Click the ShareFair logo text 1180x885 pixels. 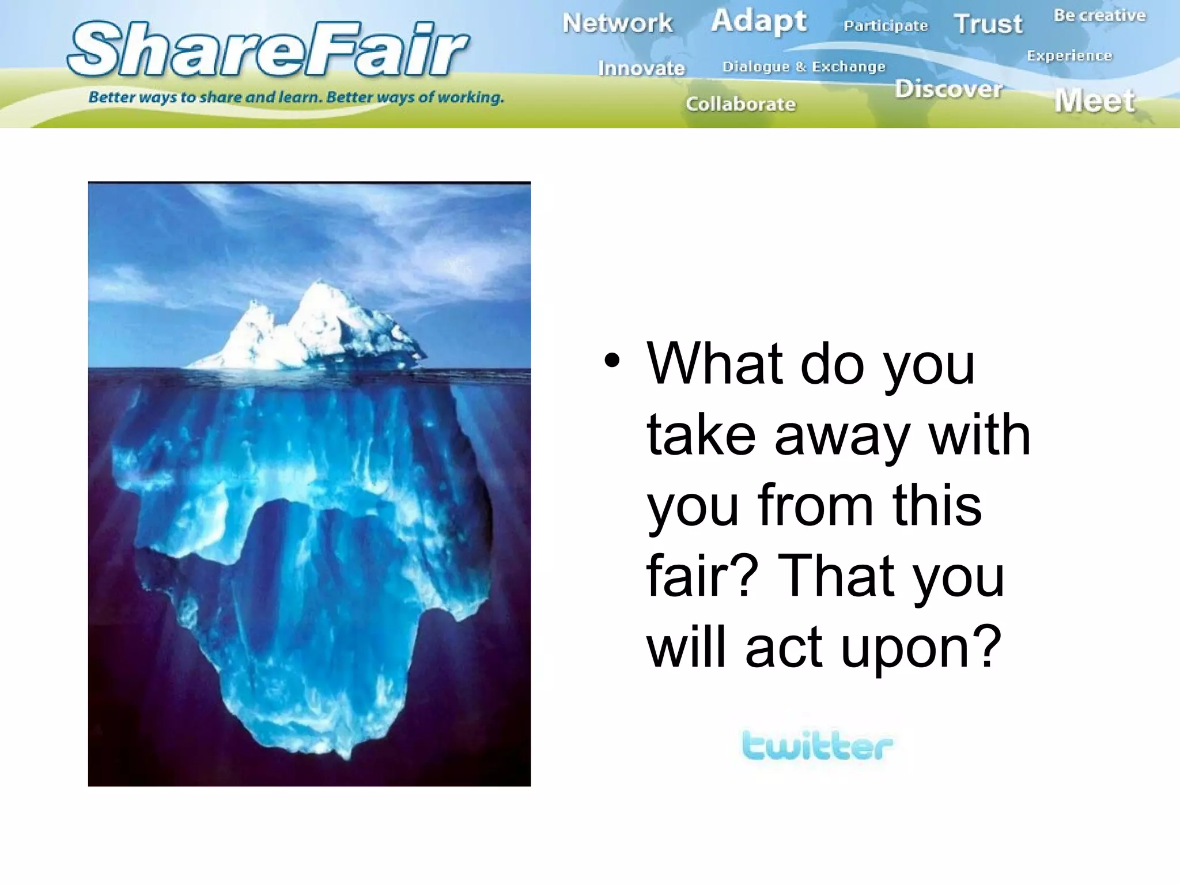pos(268,50)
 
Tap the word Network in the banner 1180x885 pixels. pos(617,23)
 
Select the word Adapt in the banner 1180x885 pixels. pos(758,21)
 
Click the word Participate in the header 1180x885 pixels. pos(886,26)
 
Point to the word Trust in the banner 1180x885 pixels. pos(988,24)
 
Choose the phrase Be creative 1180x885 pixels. pos(1099,16)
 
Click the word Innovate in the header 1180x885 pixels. pos(641,68)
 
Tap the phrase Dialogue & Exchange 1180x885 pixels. pos(804,67)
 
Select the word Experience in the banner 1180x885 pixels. pos(1069,56)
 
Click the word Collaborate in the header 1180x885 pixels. pos(740,104)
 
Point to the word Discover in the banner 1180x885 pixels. pos(949,89)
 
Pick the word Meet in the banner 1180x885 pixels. pos(1095,101)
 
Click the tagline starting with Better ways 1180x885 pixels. pos(296,97)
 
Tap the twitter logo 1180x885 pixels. pos(817,746)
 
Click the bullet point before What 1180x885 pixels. pos(612,362)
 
